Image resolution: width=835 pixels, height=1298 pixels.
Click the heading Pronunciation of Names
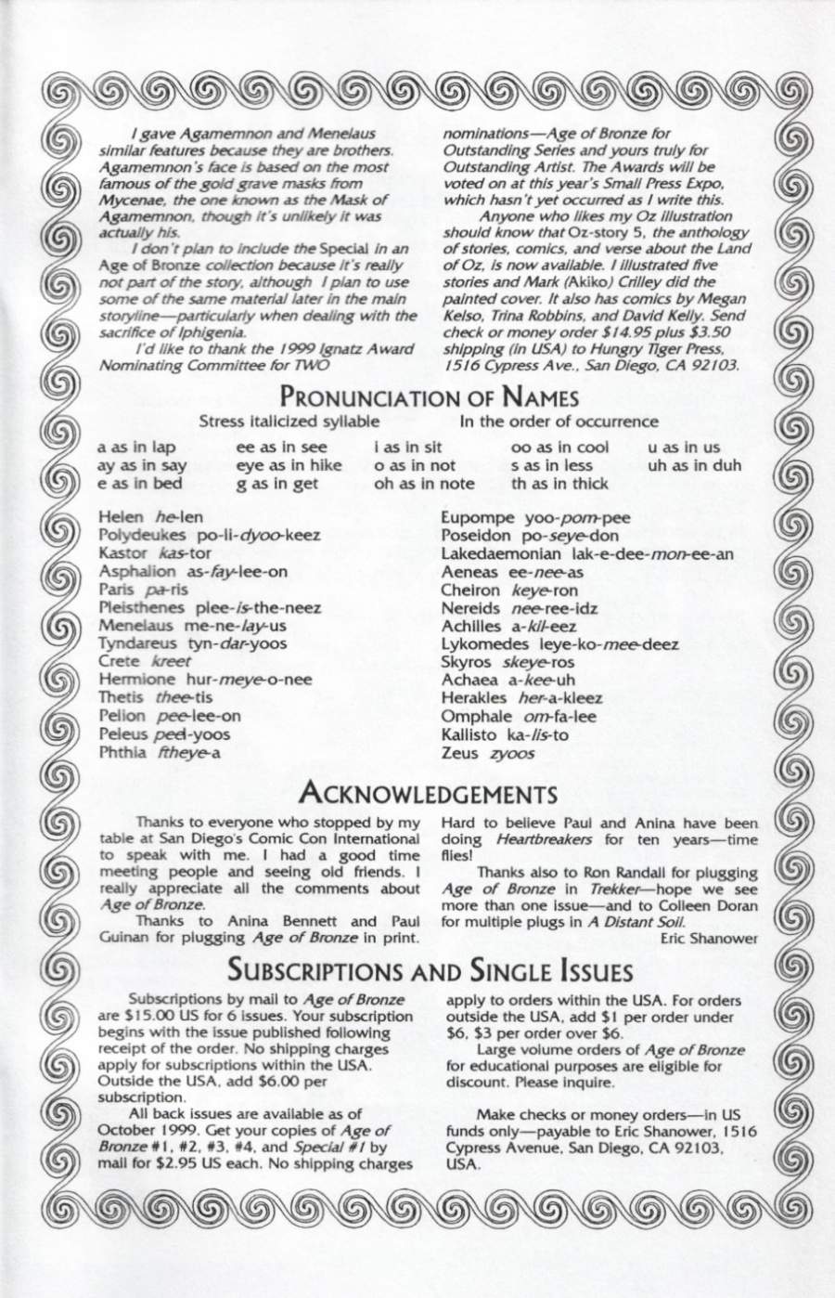click(430, 398)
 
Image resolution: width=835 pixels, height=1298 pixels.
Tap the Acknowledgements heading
click(429, 795)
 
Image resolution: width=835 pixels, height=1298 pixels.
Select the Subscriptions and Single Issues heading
click(430, 972)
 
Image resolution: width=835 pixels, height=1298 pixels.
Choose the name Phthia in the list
click(122, 752)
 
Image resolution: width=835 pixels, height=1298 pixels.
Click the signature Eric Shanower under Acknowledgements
click(710, 938)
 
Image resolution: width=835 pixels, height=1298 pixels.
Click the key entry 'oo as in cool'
click(560, 447)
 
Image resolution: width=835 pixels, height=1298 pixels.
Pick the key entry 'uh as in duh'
click(695, 465)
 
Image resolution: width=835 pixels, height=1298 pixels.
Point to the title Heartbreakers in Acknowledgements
click(534, 839)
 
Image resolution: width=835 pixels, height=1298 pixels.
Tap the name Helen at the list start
click(122, 517)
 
